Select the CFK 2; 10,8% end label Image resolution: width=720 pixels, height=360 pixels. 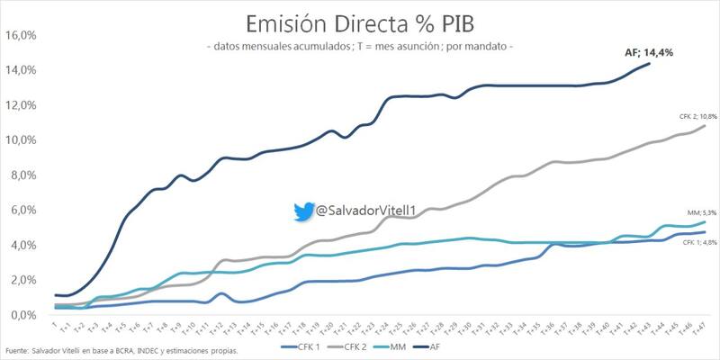685,117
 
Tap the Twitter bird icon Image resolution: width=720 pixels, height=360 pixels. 302,211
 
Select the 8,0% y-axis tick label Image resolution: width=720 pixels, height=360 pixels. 22,175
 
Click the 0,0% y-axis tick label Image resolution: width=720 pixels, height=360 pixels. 22,315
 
